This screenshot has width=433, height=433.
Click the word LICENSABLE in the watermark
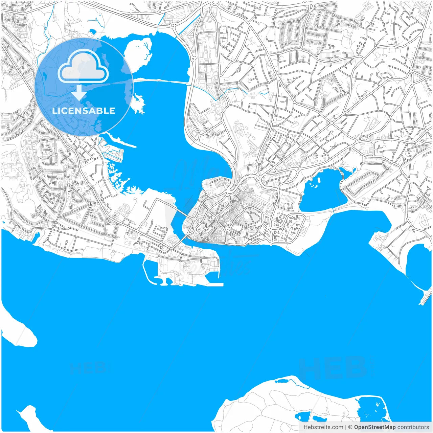(84, 111)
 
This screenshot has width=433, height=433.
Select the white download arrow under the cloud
(79, 93)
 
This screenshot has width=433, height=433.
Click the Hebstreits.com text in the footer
(323, 427)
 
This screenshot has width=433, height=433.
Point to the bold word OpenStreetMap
(375, 427)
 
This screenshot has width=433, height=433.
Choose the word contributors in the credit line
(413, 427)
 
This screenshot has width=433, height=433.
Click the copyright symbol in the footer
(350, 427)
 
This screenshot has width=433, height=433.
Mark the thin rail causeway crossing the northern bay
(162, 81)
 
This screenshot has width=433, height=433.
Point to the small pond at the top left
(92, 32)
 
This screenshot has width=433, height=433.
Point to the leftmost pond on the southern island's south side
(302, 416)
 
